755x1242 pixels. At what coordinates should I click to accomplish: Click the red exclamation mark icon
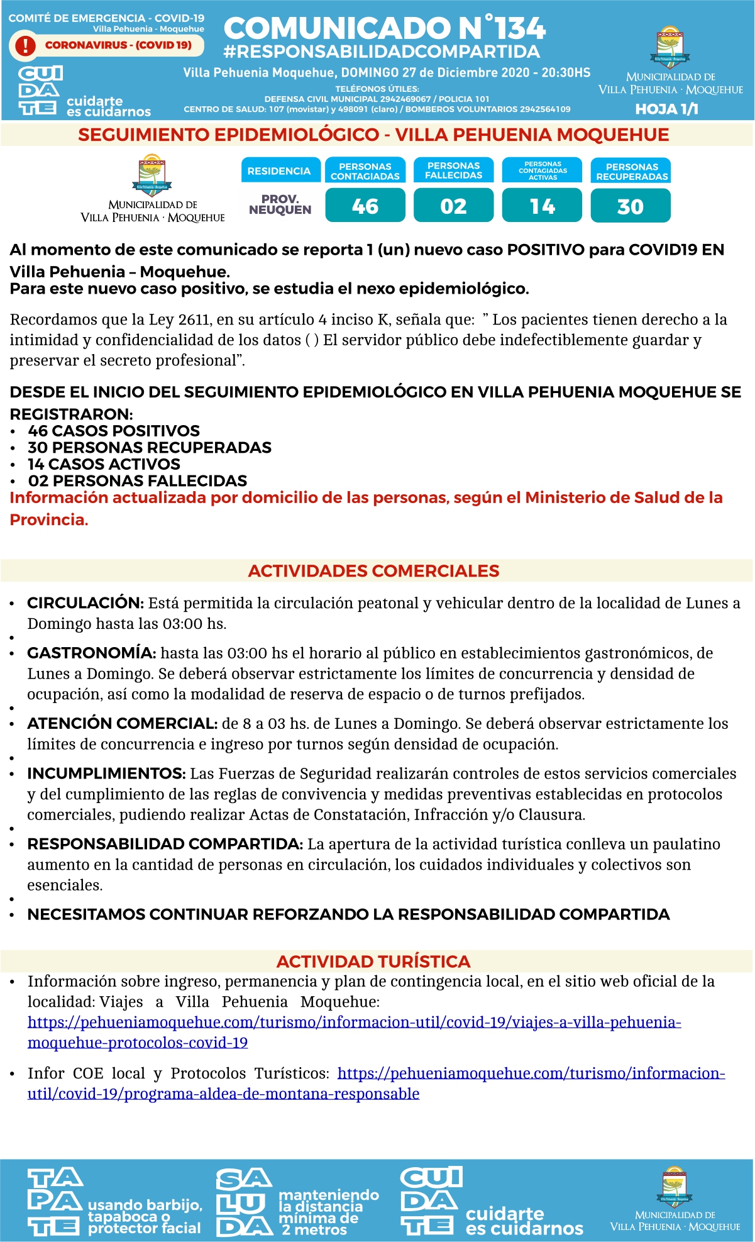pos(25,45)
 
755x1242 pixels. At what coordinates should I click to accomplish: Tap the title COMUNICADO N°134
pos(384,28)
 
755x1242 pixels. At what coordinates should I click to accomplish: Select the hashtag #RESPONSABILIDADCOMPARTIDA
pos(381,52)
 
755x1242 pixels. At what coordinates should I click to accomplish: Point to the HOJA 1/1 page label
pos(666,109)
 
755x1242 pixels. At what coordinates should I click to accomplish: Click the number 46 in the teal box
pos(365,206)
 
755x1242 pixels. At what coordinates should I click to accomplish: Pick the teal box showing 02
pos(453,206)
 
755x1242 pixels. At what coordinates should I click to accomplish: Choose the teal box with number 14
pos(542,206)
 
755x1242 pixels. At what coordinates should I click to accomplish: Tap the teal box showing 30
pos(631,206)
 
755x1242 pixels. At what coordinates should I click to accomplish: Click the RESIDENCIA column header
pos(279,171)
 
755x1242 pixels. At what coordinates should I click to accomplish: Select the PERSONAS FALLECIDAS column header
pos(453,170)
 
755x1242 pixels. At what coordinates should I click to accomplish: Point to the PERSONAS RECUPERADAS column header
pos(631,171)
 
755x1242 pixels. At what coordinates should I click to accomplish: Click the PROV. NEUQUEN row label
pos(280,204)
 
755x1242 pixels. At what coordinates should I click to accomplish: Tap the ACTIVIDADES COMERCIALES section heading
pos(373,571)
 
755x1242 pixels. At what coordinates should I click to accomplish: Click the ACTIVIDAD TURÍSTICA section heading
pos(373,962)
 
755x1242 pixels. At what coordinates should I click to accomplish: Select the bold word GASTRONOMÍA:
pos(91,653)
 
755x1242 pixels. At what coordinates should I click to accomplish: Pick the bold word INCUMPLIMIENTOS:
pos(106,773)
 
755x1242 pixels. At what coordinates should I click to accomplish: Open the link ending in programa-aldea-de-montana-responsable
pos(223,1094)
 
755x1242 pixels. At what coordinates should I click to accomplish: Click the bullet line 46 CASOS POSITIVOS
pos(114,431)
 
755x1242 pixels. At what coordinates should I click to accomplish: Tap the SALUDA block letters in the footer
pos(244,1202)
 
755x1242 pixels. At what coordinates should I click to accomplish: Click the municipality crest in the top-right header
pos(671,47)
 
